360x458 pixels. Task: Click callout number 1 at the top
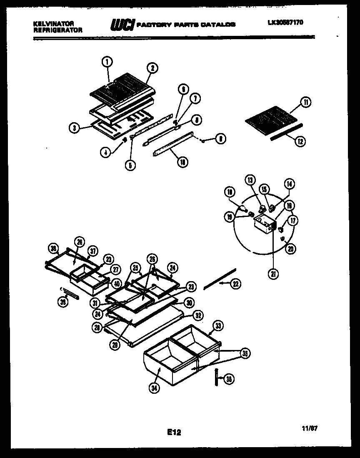(x=107, y=62)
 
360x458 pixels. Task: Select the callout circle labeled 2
(x=152, y=68)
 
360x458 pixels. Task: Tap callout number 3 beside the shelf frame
(x=74, y=129)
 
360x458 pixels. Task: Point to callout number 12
(x=299, y=142)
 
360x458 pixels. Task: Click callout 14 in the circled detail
(x=289, y=184)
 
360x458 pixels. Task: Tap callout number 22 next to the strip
(x=236, y=284)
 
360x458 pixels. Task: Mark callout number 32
(x=198, y=316)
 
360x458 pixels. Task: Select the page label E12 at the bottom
(x=175, y=433)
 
